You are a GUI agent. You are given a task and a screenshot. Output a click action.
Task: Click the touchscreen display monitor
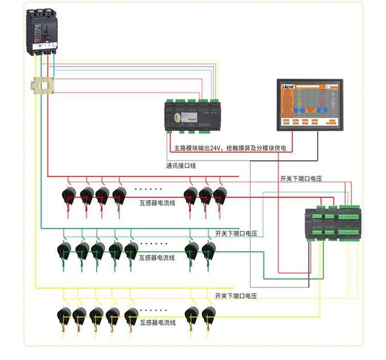tap(309, 103)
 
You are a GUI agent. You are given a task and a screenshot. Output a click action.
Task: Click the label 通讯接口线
tap(181, 166)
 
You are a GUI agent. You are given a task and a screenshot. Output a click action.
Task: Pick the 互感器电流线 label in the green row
tap(157, 257)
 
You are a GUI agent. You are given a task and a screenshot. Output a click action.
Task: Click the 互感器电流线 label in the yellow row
tap(158, 322)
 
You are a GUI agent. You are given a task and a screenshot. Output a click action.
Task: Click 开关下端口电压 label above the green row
tap(236, 233)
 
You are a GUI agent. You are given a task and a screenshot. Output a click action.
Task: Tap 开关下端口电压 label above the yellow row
tap(236, 296)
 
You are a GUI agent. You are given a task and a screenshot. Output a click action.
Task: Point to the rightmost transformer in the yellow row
tap(208, 313)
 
